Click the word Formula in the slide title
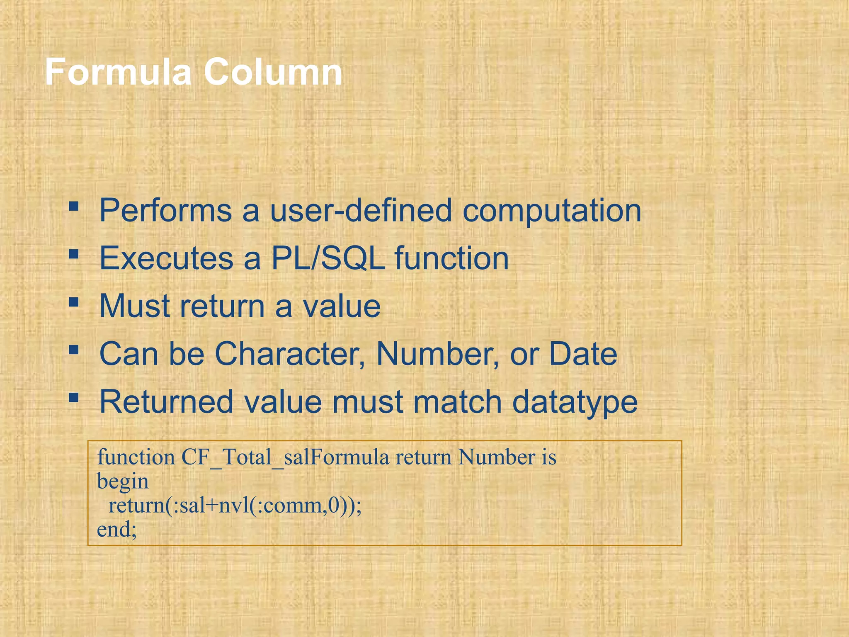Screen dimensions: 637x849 pyautogui.click(x=118, y=72)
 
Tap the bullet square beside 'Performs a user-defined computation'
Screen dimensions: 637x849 pyautogui.click(x=74, y=206)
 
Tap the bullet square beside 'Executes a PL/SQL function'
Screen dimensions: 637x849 pyautogui.click(x=74, y=254)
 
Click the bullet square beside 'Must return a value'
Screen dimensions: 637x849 pyautogui.click(x=74, y=302)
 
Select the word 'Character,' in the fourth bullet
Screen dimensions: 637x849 pyautogui.click(x=290, y=354)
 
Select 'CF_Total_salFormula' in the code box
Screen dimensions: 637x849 pyautogui.click(x=285, y=458)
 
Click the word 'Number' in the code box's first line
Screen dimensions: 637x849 pyautogui.click(x=497, y=457)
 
